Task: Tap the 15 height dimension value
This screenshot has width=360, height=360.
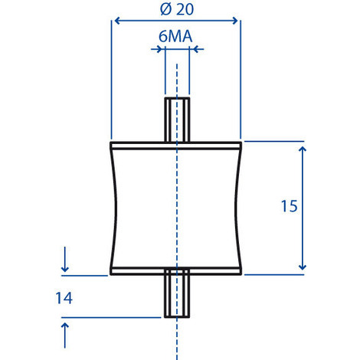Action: pos(287,207)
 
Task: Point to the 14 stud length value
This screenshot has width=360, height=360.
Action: pos(64,298)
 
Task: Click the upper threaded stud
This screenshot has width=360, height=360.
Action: pos(177,119)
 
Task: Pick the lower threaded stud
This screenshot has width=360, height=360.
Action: pos(177,295)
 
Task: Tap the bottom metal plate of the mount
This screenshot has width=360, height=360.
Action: pos(176,270)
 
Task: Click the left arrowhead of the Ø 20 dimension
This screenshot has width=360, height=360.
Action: pos(116,21)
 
